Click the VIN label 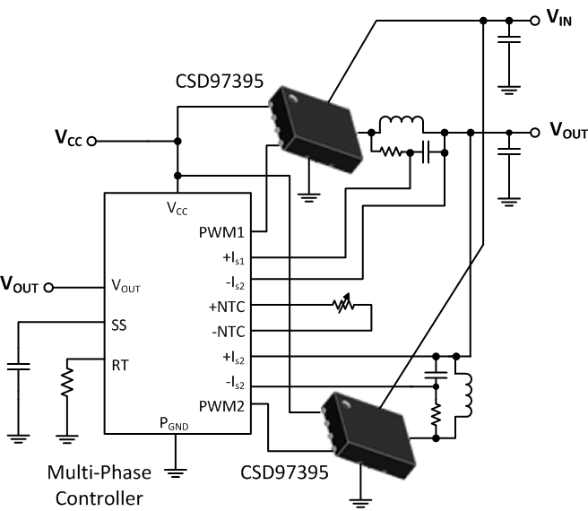(x=560, y=18)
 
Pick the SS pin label (x=118, y=324)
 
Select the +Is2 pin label (x=235, y=357)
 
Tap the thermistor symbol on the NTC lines (x=340, y=307)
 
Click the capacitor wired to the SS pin (x=18, y=366)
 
